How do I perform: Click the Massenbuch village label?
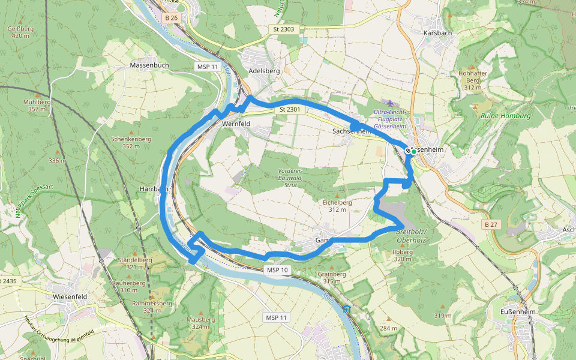tap(149, 65)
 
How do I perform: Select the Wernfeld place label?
tap(235, 124)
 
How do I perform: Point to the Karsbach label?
tap(436, 32)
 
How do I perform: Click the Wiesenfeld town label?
tap(71, 296)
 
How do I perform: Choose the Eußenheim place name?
tap(517, 313)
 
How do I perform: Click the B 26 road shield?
tap(172, 18)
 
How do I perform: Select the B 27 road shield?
tap(491, 224)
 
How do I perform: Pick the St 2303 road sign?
tap(283, 29)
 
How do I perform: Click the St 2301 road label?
tap(289, 110)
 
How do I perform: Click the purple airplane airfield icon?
tap(392, 104)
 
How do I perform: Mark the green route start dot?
tap(414, 151)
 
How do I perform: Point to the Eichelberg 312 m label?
tap(337, 206)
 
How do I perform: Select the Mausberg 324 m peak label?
tap(200, 323)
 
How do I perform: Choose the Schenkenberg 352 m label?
tap(131, 142)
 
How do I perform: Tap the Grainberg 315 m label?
tap(335, 277)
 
